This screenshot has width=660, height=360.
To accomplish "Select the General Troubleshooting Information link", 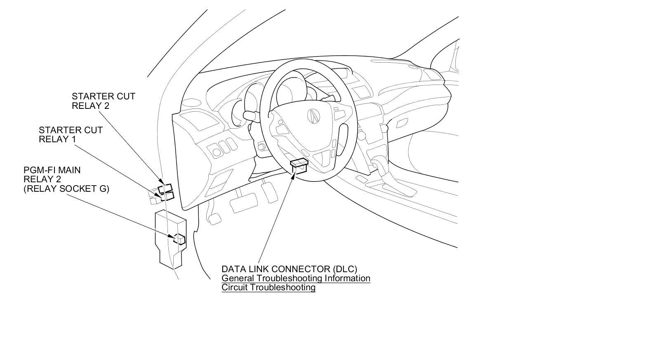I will point(296,278).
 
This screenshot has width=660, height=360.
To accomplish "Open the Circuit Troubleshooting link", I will point(269,287).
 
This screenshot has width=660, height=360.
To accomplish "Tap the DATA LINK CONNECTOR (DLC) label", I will point(289,269).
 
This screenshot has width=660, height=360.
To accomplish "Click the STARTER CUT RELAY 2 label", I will point(103,101).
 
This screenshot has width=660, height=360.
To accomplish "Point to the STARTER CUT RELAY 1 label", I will point(71,134).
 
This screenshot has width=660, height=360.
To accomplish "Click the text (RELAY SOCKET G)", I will point(66,189).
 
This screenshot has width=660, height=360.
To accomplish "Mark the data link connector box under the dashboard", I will point(299,165).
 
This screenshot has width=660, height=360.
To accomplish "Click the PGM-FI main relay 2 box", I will point(180,239).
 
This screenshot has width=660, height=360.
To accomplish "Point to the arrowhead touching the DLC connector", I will point(294,175).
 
